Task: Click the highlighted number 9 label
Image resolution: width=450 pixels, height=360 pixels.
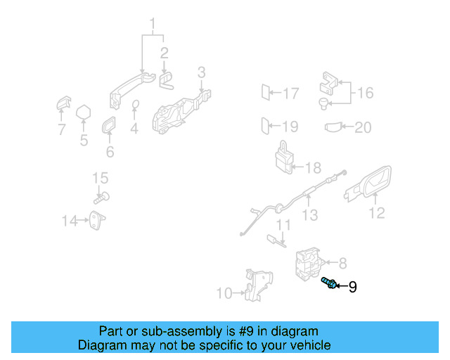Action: [x=352, y=287]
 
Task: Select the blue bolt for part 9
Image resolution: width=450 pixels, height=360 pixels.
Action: [x=328, y=283]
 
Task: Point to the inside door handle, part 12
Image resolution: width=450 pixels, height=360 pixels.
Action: [x=370, y=184]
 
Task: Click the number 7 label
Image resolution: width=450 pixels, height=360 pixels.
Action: [x=61, y=129]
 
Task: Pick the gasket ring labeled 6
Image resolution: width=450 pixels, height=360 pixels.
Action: [x=110, y=127]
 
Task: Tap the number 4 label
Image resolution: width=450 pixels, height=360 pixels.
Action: [x=134, y=129]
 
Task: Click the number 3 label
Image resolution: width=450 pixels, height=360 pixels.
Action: [x=201, y=72]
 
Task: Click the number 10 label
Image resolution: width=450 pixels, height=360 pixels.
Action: [x=224, y=292]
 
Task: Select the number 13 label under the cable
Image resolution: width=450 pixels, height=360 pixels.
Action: [x=310, y=216]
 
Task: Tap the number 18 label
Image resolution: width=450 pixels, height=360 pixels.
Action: [x=312, y=168]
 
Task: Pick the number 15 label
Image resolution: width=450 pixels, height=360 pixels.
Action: [x=101, y=178]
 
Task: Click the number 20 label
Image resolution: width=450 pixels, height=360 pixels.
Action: [x=362, y=127]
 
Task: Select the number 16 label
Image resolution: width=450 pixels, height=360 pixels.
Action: [x=365, y=93]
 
